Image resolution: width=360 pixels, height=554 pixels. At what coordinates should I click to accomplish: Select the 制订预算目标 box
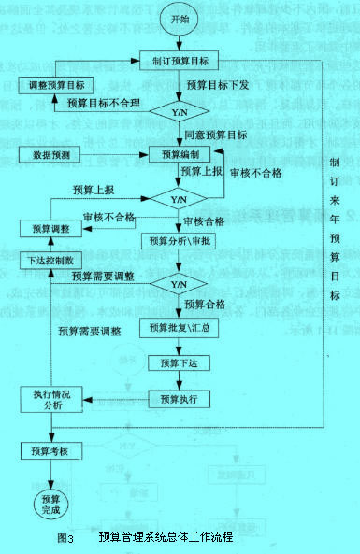pos(180,63)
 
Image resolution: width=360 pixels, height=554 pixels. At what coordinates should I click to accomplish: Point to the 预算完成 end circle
pos(50,504)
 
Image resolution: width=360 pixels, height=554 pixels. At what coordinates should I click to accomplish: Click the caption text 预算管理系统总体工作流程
pos(164,538)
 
